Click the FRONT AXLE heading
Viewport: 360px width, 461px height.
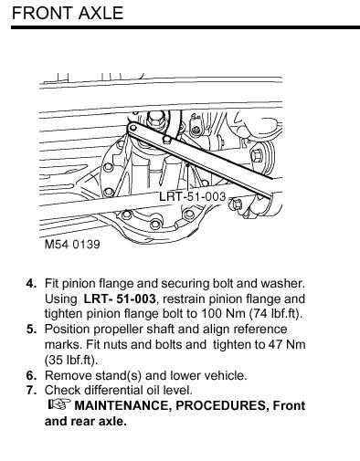pyautogui.click(x=68, y=13)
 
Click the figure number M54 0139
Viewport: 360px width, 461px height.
pyautogui.click(x=72, y=245)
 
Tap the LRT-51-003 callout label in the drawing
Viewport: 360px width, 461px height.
pyautogui.click(x=193, y=196)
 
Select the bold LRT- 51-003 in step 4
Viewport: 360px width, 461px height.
pyautogui.click(x=120, y=299)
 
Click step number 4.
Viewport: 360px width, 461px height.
pyautogui.click(x=32, y=284)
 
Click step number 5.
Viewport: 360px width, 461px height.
pyautogui.click(x=32, y=330)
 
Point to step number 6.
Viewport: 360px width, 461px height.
pyautogui.click(x=32, y=375)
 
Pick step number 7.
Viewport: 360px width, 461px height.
pyautogui.click(x=32, y=390)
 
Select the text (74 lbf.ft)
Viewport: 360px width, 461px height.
pyautogui.click(x=276, y=314)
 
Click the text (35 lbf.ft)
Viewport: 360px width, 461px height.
pyautogui.click(x=71, y=360)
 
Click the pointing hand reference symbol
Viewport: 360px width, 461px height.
pyautogui.click(x=59, y=404)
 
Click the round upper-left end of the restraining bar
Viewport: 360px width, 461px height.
pyautogui.click(x=132, y=128)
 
